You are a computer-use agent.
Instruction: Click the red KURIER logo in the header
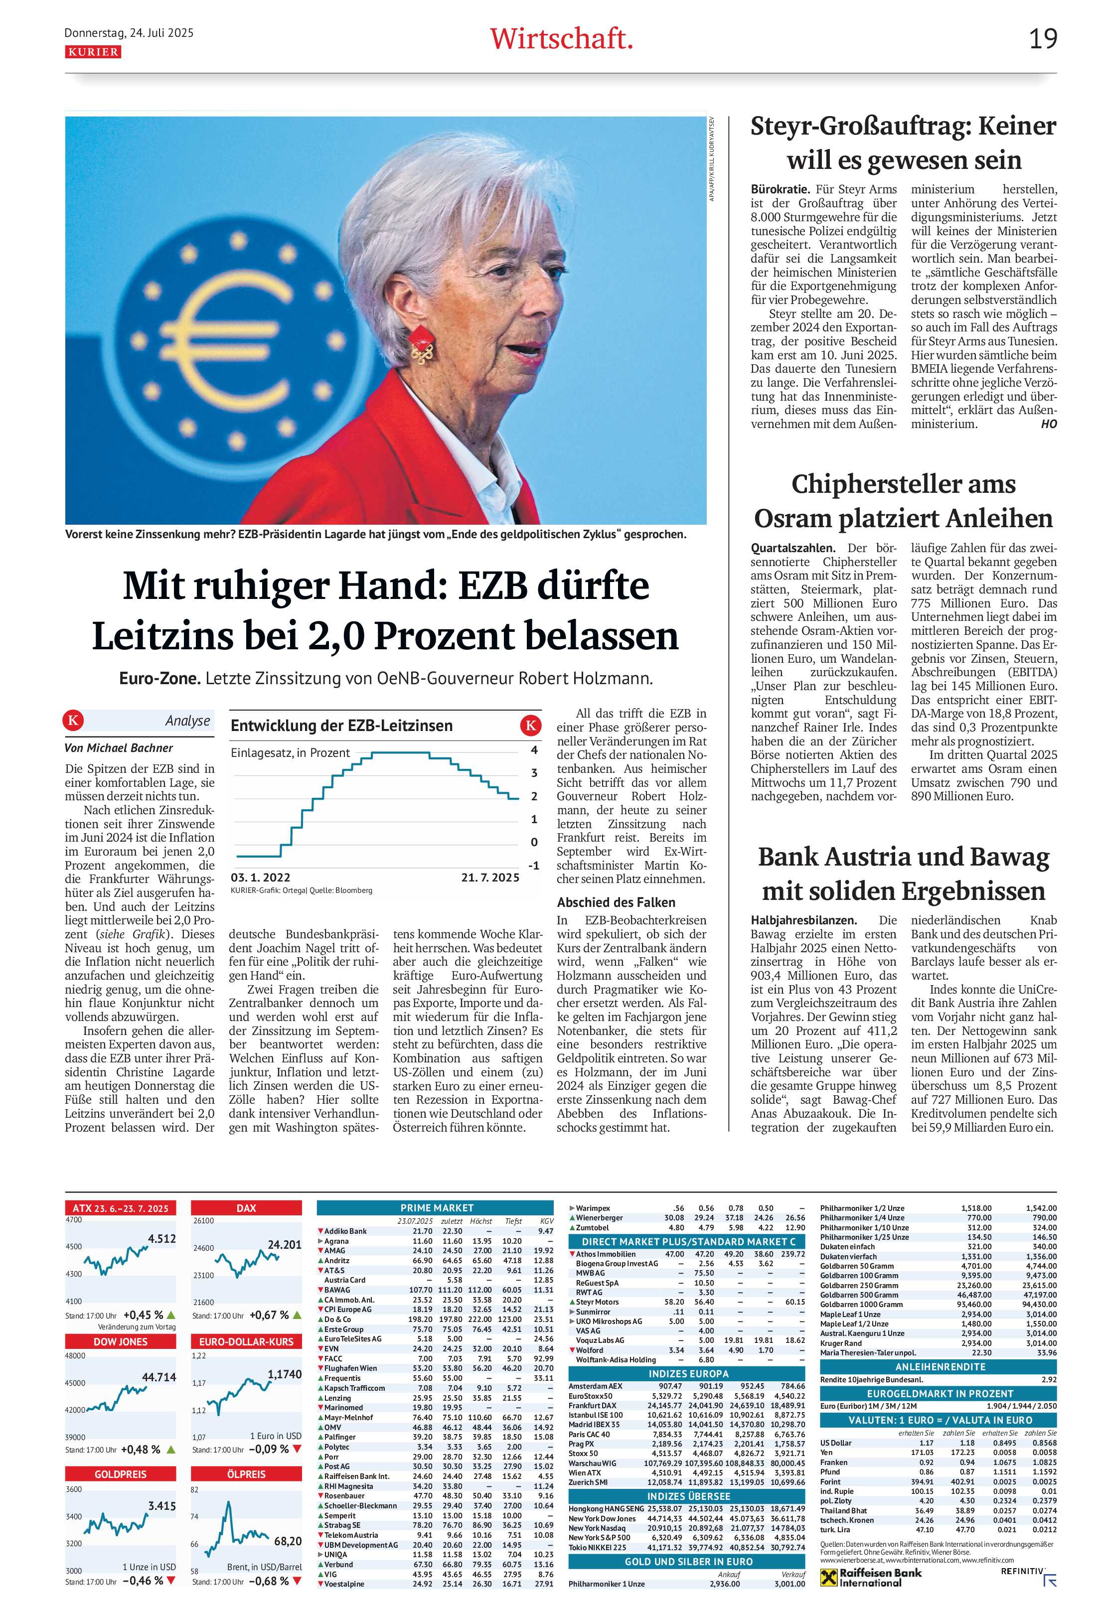(93, 52)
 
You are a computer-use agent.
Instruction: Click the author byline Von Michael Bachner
(119, 747)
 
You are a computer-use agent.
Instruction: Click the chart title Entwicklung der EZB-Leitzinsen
(341, 726)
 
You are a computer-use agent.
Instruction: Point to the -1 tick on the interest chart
(533, 865)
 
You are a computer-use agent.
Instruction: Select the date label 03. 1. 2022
(261, 877)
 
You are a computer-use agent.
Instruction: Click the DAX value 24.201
(285, 1244)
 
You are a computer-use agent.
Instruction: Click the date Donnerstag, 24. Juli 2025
(129, 32)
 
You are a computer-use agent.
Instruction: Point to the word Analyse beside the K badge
(187, 721)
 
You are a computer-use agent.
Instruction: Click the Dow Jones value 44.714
(158, 1376)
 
